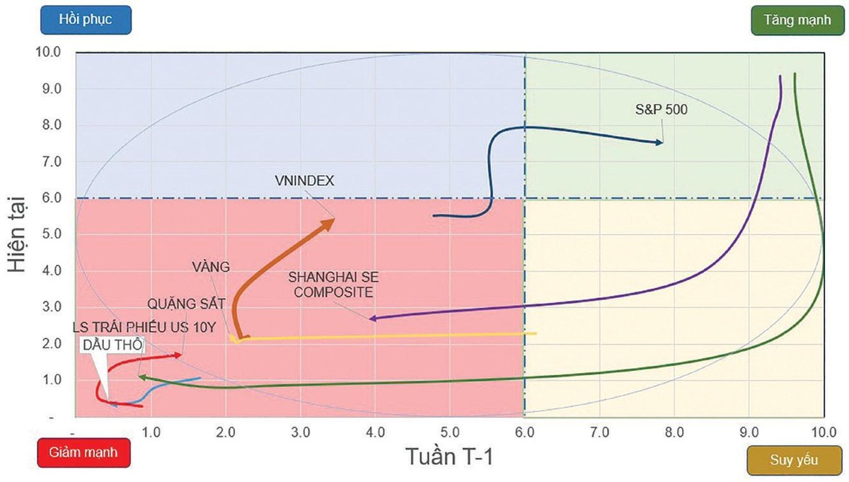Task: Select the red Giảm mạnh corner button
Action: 83,452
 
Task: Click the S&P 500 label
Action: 661,110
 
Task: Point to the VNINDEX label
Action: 305,180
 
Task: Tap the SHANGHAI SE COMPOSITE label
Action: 332,283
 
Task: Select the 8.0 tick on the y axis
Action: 53,125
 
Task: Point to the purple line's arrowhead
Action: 373,319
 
